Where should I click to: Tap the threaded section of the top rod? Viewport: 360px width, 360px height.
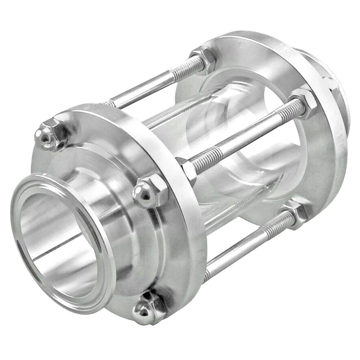180,72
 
